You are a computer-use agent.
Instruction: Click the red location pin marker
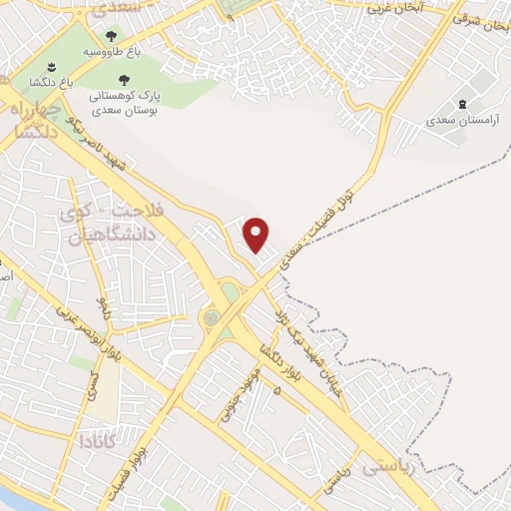[257, 234]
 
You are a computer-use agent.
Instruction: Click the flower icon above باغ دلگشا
[51, 67]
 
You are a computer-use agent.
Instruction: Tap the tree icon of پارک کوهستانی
[124, 78]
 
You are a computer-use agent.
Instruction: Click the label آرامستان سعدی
[460, 120]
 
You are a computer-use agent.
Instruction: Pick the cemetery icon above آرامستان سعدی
[462, 103]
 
